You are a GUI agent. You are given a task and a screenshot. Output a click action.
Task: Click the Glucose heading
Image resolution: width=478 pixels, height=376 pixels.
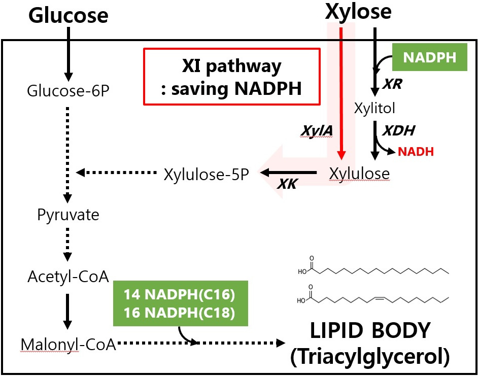[68, 16]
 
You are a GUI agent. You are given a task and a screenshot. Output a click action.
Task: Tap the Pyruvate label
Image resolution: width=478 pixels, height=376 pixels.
[69, 215]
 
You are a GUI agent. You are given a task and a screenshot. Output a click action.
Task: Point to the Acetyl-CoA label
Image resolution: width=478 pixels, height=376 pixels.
[62, 278]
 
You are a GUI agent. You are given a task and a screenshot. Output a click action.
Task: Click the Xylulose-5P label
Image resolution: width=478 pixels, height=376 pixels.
[207, 174]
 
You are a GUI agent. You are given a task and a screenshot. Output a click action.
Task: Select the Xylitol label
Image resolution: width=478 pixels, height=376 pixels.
[374, 108]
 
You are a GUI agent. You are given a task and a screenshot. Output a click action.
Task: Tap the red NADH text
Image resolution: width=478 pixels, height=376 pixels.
[416, 151]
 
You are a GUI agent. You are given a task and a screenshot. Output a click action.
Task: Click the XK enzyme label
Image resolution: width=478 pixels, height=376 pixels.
[287, 185]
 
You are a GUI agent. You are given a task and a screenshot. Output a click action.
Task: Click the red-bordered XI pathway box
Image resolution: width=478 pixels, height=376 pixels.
[232, 77]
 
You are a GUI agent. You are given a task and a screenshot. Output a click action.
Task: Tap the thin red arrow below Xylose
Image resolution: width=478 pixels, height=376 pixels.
[342, 91]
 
